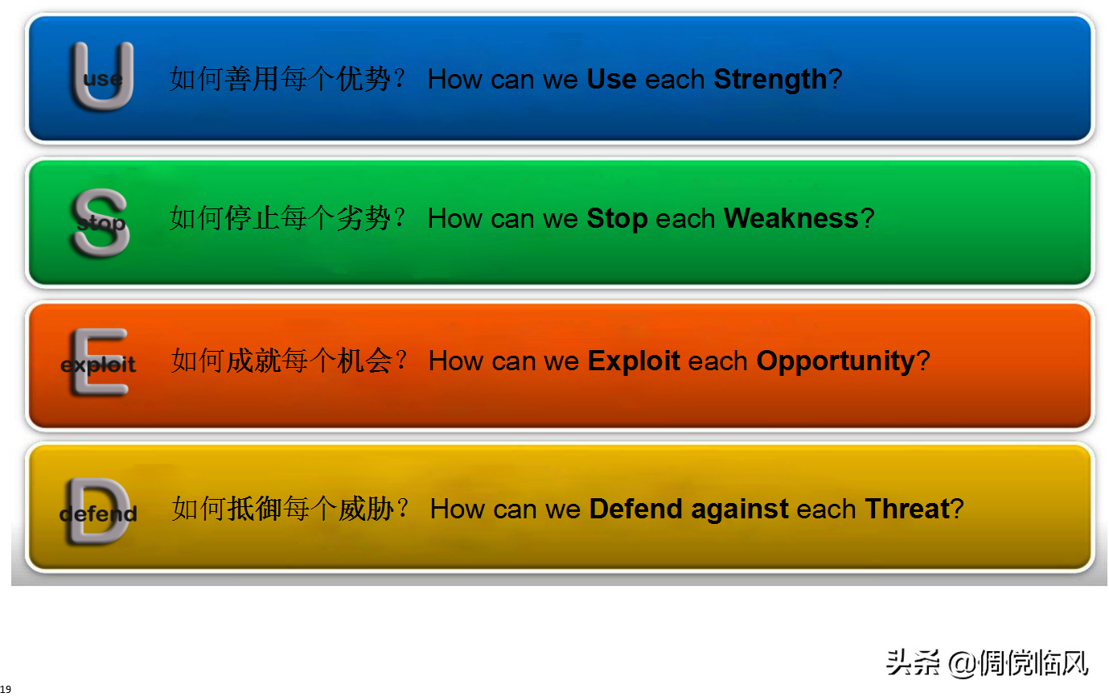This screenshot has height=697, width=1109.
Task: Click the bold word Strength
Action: click(770, 79)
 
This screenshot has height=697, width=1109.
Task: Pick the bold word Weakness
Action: click(791, 218)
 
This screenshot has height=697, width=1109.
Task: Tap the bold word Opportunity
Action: click(836, 361)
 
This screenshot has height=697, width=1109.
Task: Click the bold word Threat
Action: click(907, 509)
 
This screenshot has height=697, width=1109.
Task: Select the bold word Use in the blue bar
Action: click(611, 79)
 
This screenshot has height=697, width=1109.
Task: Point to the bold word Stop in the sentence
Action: click(617, 219)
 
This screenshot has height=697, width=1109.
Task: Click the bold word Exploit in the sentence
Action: click(634, 361)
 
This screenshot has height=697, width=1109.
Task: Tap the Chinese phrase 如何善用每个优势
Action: click(280, 79)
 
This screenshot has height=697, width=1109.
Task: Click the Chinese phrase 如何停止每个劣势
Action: click(280, 218)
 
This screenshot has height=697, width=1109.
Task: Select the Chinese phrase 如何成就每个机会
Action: click(281, 361)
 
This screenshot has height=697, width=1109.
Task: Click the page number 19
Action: click(6, 689)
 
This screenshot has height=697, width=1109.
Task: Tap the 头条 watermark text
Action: click(912, 663)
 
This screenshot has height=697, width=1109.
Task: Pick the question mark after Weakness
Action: click(868, 218)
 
